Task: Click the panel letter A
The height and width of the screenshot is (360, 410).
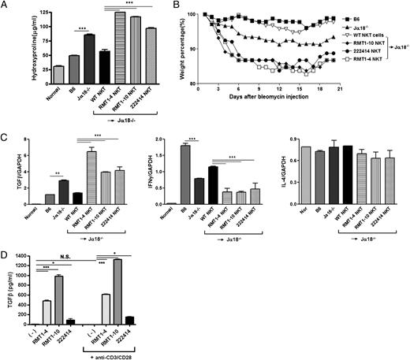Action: tap(6, 7)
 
